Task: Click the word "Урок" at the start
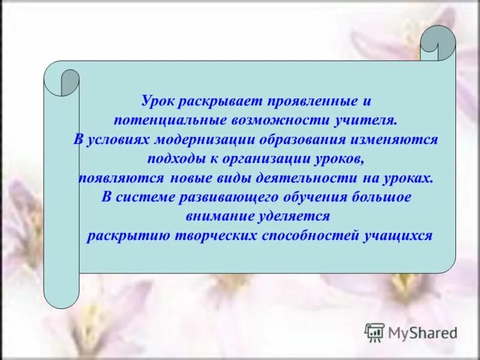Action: point(158,101)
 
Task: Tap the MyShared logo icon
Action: point(374,332)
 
